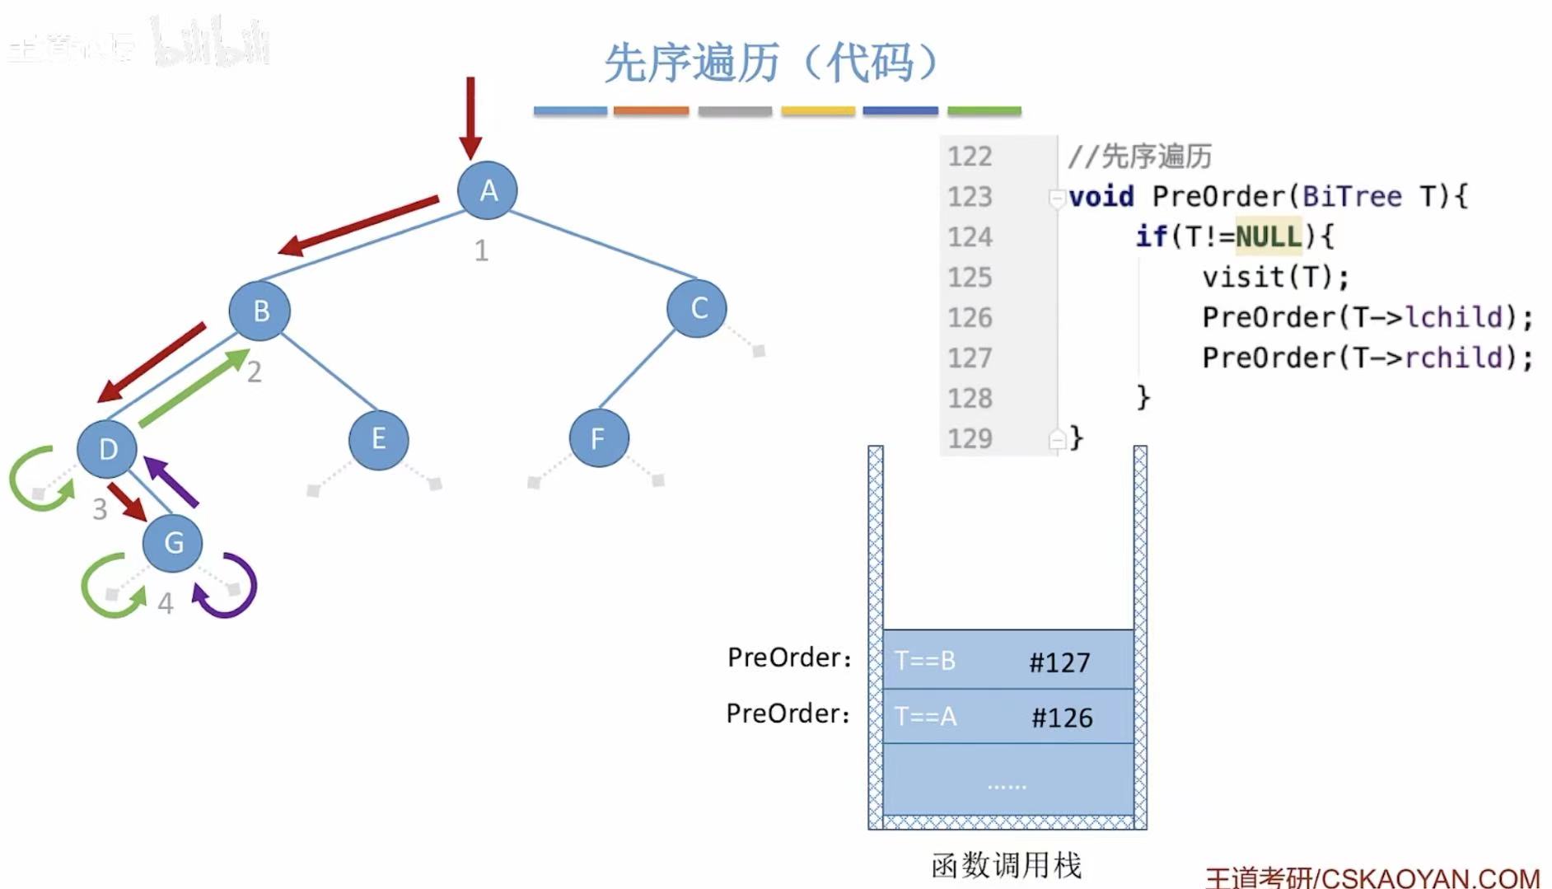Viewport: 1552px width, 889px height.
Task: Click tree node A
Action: [x=488, y=190]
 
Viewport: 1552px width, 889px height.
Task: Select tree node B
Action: [x=260, y=311]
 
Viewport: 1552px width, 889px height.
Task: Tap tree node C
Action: [x=698, y=308]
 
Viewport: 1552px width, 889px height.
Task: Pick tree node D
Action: [x=107, y=449]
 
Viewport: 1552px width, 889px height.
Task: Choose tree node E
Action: [x=378, y=439]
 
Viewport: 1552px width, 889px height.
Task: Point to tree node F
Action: [x=598, y=438]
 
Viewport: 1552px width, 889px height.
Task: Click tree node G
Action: [x=173, y=543]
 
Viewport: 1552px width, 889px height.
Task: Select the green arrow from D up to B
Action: [x=194, y=387]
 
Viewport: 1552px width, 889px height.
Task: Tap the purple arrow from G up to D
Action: [x=171, y=481]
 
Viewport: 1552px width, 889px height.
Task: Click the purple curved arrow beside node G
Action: [x=231, y=587]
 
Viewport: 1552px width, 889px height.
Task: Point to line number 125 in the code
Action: [x=970, y=278]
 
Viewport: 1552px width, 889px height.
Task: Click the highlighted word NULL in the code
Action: [x=1268, y=237]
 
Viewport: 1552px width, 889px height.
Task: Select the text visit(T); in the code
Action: [x=1275, y=278]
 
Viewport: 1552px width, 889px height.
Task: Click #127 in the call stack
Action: [x=1059, y=662]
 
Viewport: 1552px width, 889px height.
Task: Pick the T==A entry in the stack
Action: [x=926, y=717]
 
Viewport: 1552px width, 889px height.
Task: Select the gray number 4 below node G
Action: [x=166, y=604]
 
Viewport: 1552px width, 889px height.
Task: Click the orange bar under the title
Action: [x=651, y=110]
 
